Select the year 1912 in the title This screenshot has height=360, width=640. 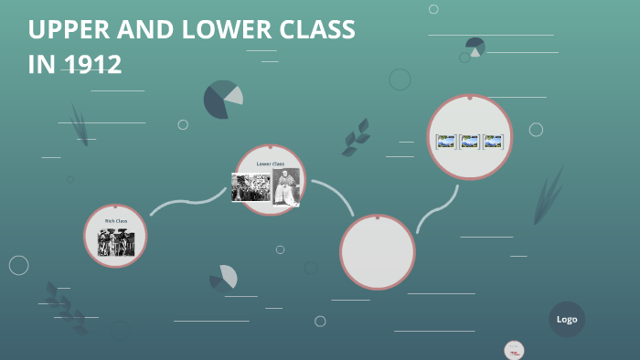pos(92,65)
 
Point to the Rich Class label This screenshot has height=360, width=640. pos(116,221)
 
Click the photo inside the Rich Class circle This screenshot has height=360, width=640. pos(116,242)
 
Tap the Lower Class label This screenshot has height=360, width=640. pos(271,164)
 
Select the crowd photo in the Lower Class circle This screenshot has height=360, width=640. pos(251,187)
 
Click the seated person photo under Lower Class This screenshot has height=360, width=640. pos(286,186)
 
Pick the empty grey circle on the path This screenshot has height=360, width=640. pos(378,251)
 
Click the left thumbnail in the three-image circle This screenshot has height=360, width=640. pos(446,142)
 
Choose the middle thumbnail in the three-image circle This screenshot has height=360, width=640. pos(470,142)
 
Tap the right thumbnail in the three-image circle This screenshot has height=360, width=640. pos(494,142)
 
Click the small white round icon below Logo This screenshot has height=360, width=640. pos(514,350)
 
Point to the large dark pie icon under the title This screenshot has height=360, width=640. pos(222,100)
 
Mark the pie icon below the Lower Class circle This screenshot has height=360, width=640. pos(224,278)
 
